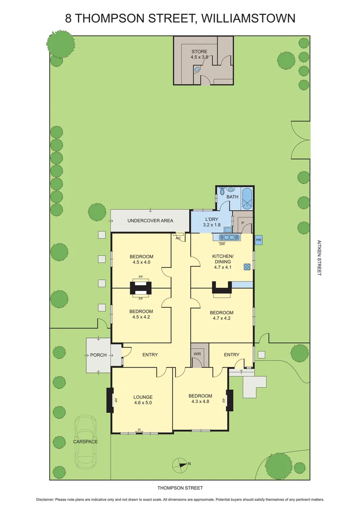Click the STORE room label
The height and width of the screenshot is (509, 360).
tap(199, 51)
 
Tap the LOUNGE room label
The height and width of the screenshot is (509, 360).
tap(143, 397)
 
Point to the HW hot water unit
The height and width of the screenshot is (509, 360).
tap(258, 240)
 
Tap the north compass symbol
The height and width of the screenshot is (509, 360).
tap(180, 464)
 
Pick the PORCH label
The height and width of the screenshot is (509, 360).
tap(98, 355)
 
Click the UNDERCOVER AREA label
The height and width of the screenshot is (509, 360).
tap(150, 221)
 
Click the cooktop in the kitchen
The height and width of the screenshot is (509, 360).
tap(246, 267)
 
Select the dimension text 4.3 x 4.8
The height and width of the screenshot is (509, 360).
tap(200, 402)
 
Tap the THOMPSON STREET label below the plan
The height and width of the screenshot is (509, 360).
tap(180, 488)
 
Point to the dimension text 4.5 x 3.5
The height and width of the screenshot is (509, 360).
tap(199, 57)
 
